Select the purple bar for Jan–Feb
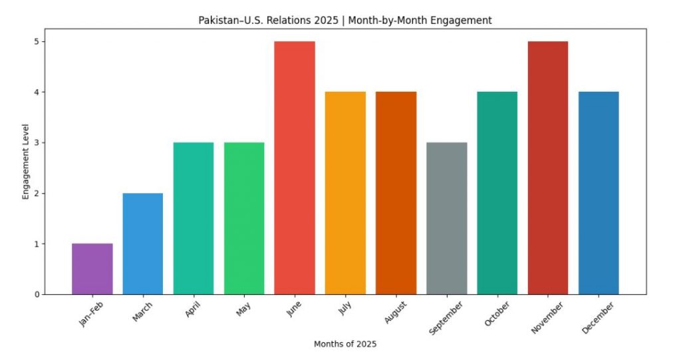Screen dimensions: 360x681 click(x=92, y=269)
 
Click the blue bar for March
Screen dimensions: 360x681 click(x=143, y=244)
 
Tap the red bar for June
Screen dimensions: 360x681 click(x=295, y=168)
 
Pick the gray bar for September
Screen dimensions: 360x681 click(x=446, y=218)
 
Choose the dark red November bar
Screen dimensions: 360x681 click(x=548, y=168)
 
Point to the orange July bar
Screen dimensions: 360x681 click(x=345, y=193)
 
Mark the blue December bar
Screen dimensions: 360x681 click(x=599, y=193)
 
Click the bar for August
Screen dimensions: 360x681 click(x=396, y=193)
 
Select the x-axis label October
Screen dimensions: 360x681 click(x=498, y=314)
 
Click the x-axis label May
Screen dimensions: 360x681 click(x=243, y=309)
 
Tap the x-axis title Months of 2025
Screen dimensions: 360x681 click(x=345, y=344)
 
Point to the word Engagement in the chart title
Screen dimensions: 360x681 click(x=463, y=21)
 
